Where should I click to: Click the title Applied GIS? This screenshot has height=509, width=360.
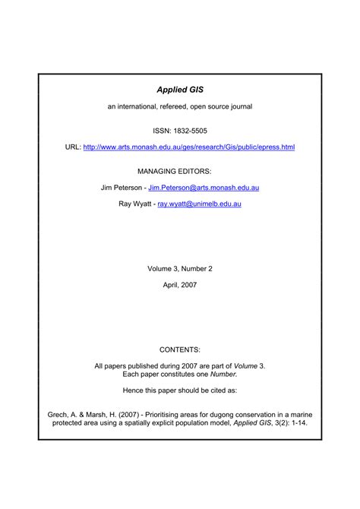pos(180,90)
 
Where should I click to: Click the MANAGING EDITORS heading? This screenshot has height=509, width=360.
pos(180,172)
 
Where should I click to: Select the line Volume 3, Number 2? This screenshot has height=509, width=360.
pos(180,267)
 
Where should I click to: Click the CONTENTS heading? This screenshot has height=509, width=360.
pos(180,349)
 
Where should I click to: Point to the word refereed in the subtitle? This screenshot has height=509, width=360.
pos(172,106)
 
